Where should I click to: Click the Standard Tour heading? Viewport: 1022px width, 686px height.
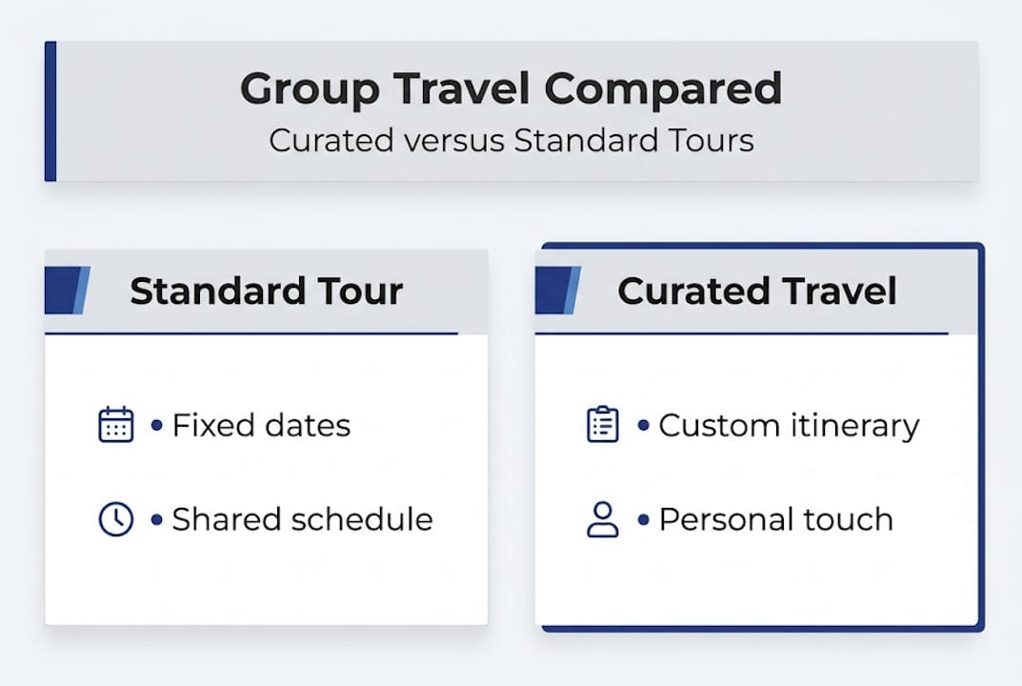coord(266,291)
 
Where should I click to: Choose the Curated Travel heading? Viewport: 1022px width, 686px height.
coord(756,291)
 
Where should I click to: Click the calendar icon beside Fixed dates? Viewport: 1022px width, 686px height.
coord(116,425)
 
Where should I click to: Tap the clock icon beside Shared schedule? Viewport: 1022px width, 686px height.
coord(116,519)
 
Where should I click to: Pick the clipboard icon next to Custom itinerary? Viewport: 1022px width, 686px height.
coord(603,425)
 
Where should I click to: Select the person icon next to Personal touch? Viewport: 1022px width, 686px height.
coord(603,520)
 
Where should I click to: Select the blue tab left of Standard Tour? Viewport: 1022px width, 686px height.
coord(67,291)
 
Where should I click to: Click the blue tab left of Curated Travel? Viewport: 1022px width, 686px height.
coord(557,291)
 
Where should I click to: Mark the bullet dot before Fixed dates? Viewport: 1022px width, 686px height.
coord(157,425)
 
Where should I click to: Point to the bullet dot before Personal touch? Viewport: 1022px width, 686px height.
coord(644,519)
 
